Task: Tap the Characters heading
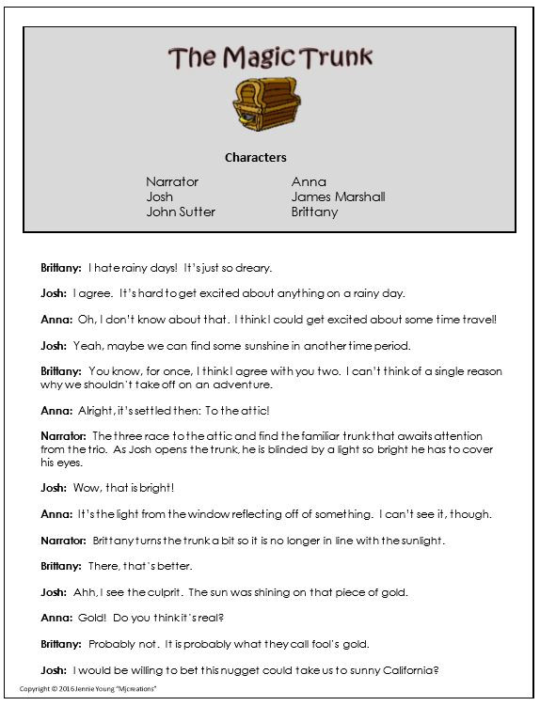click(x=256, y=157)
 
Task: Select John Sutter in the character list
click(x=181, y=212)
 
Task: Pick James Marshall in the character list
click(x=338, y=196)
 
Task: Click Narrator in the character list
click(x=172, y=181)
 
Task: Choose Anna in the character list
click(x=309, y=181)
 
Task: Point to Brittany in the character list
click(x=314, y=212)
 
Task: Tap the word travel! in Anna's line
click(x=476, y=320)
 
